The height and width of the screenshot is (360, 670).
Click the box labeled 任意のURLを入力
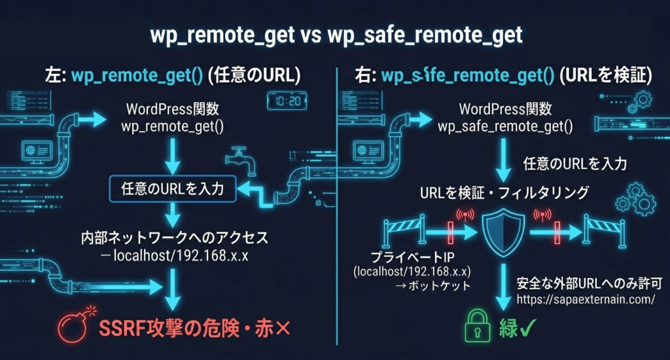coord(173,190)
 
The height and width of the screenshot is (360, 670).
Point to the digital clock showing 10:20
coord(286,103)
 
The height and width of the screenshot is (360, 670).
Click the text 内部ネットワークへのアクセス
coord(173,237)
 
